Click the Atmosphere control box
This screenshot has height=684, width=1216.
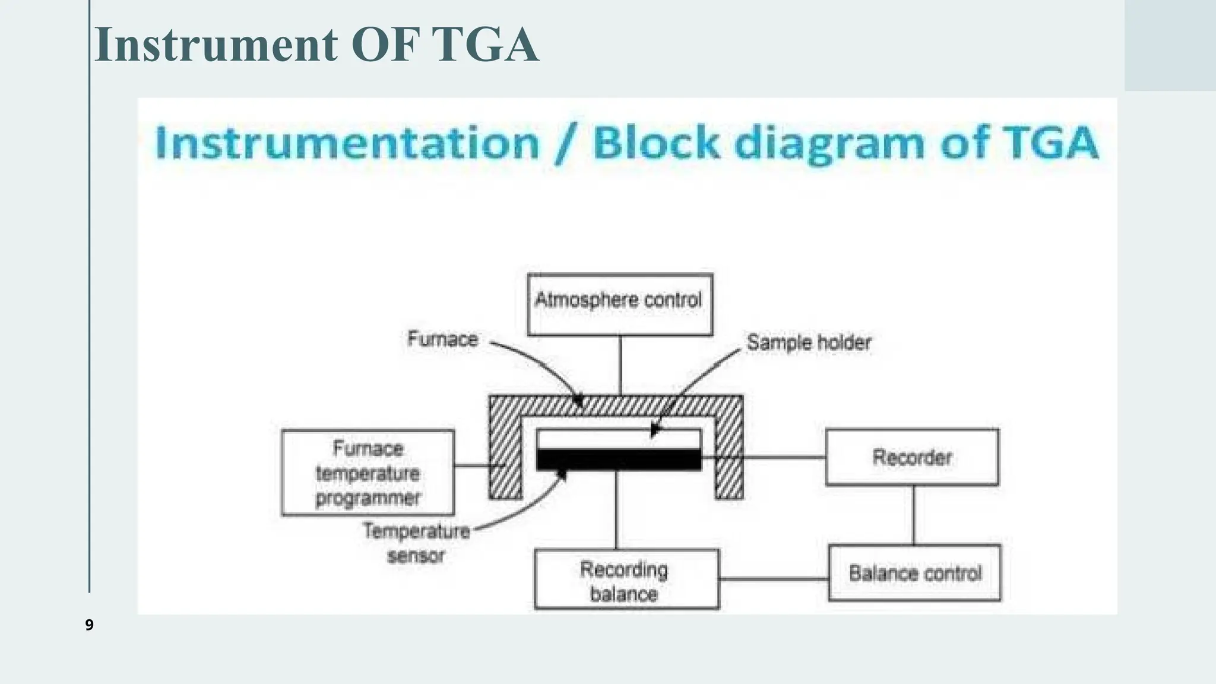tap(620, 304)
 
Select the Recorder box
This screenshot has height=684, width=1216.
tap(912, 457)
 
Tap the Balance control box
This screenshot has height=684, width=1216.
tap(914, 573)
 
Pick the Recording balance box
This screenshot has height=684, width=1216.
tap(626, 580)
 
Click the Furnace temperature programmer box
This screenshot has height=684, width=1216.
tap(368, 473)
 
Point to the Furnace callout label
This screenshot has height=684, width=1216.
tap(443, 339)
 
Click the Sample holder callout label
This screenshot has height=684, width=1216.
tap(809, 343)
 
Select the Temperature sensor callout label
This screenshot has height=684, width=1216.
tap(416, 543)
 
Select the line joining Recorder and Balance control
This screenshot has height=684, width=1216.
tap(913, 515)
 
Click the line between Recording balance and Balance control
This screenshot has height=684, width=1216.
tap(774, 578)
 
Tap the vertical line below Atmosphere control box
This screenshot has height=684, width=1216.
tap(620, 365)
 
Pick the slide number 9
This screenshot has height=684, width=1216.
tap(89, 625)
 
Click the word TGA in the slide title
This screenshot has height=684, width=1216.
tap(484, 45)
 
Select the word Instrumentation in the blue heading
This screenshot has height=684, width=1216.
tap(347, 143)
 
